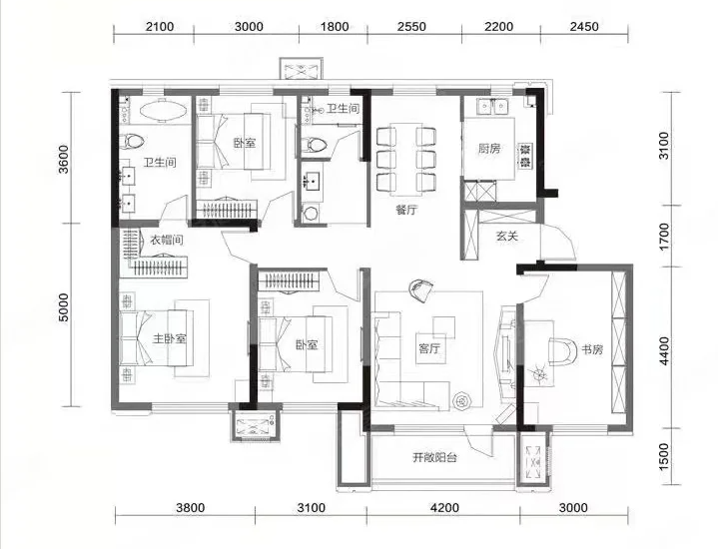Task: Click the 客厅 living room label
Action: pos(429,349)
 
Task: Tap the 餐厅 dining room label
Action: pos(406,210)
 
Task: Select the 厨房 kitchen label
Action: pos(489,148)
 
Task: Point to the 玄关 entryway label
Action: pos(507,237)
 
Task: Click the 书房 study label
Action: pos(592,349)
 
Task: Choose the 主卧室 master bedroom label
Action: pos(169,338)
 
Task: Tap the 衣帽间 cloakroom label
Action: pos(167,240)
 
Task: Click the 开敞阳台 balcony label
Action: pos(435,457)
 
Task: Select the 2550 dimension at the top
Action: pos(411,27)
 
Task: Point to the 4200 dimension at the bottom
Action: pos(444,508)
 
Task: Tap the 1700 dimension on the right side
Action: pos(663,237)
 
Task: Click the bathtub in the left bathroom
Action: pos(163,111)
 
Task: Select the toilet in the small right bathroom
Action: pos(315,145)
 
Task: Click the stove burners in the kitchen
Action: pos(525,156)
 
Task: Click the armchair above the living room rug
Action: pos(420,290)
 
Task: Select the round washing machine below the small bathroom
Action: pos(312,214)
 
